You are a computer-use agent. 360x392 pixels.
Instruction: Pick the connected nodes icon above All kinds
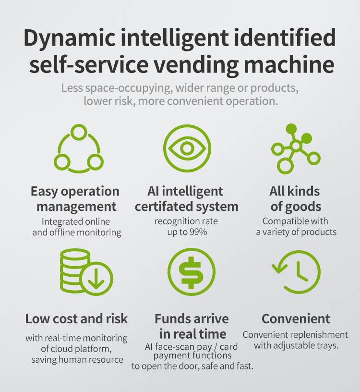[295, 147]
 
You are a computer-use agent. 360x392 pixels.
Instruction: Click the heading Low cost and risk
[76, 318]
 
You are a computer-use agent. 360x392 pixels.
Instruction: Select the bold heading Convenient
[296, 318]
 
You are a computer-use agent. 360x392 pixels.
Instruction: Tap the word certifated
[162, 207]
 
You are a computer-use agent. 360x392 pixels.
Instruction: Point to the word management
[77, 207]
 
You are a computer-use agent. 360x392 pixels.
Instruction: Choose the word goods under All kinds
[303, 207]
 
